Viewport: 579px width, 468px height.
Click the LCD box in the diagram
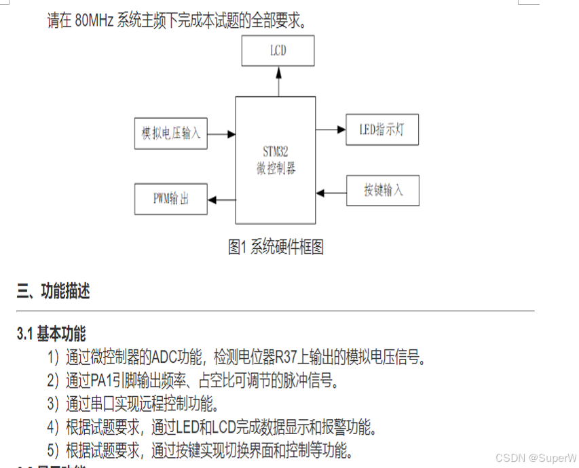(x=278, y=51)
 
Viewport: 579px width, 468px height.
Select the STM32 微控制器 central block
(x=276, y=160)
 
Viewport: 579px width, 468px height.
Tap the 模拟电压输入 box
(x=171, y=133)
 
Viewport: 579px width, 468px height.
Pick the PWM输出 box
(x=171, y=199)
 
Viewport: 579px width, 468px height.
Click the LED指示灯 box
(x=382, y=130)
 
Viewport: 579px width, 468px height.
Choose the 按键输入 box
(x=383, y=190)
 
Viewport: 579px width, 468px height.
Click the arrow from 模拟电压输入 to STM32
(x=221, y=134)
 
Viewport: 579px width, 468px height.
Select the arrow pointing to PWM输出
(x=221, y=199)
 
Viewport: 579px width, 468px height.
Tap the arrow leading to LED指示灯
(x=331, y=130)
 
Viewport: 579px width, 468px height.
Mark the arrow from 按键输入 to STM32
(x=331, y=193)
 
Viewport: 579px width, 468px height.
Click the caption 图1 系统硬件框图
(x=276, y=248)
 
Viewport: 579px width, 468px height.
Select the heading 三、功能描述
(x=54, y=292)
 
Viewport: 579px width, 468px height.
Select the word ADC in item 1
(x=164, y=357)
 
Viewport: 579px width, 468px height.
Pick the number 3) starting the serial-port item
(x=54, y=405)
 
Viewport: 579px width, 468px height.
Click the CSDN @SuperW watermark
(x=536, y=458)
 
